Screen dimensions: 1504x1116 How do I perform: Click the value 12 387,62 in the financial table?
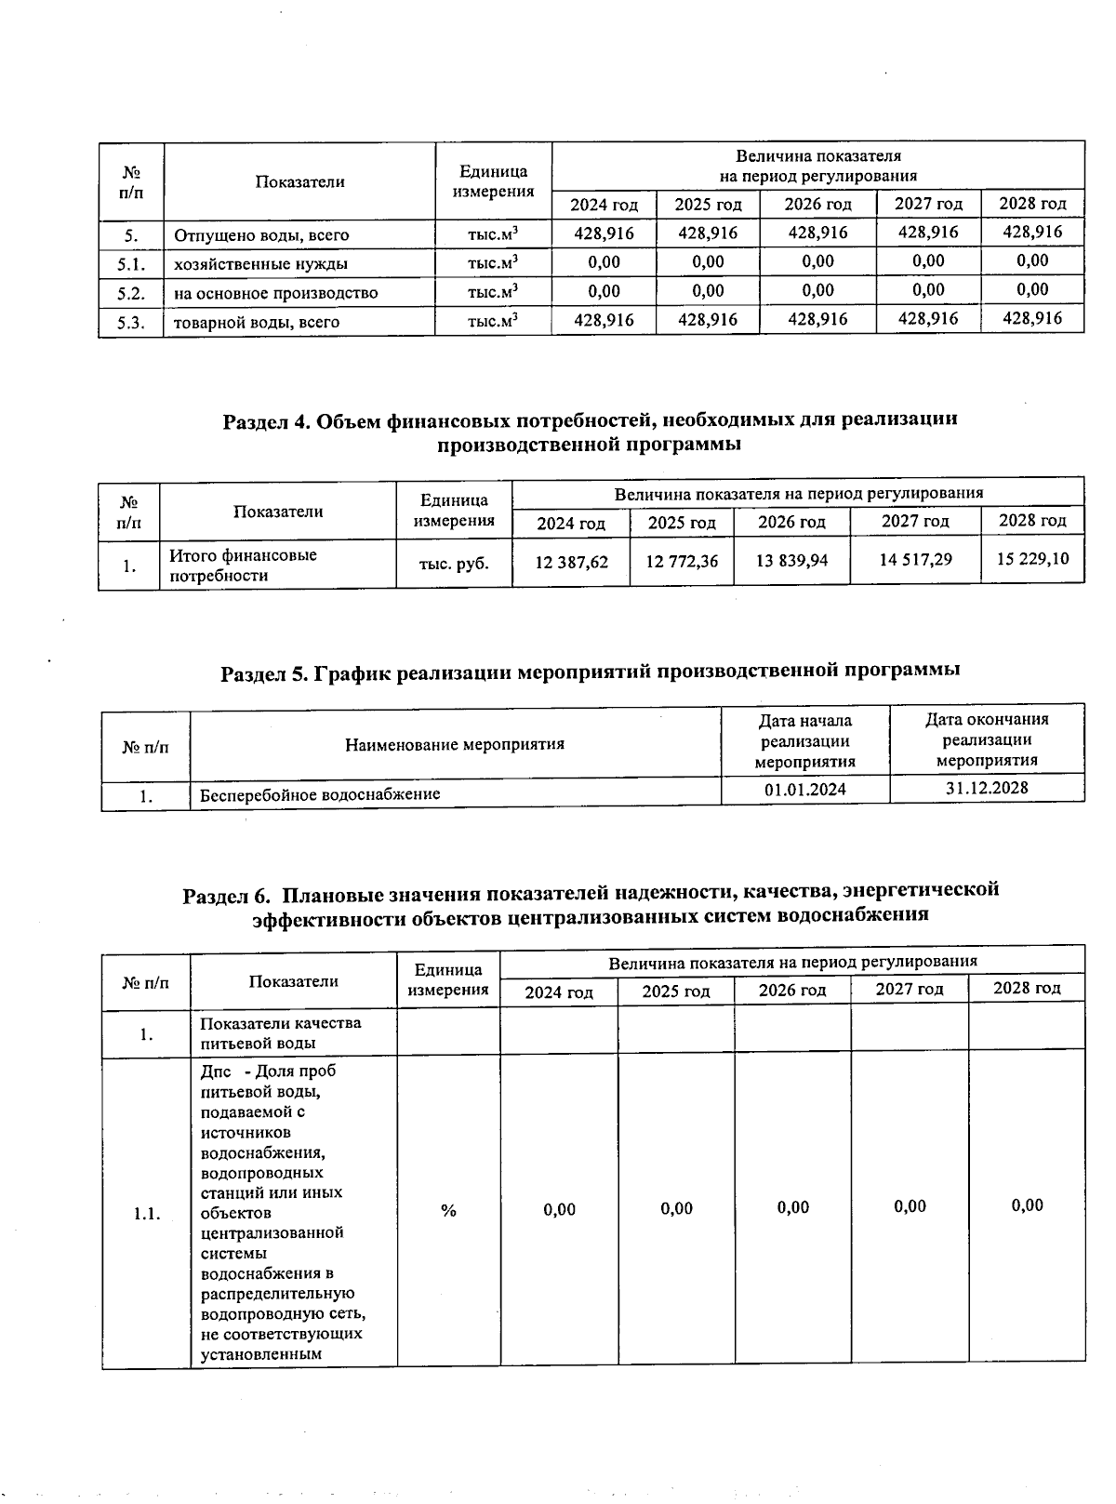pyautogui.click(x=572, y=562)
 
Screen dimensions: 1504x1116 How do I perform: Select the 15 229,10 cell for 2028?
pyautogui.click(x=1032, y=558)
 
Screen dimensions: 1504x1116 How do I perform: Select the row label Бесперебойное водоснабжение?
pyautogui.click(x=321, y=794)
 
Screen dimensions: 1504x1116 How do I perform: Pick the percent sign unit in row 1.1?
pyautogui.click(x=449, y=1210)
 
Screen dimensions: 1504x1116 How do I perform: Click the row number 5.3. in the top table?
pyautogui.click(x=131, y=322)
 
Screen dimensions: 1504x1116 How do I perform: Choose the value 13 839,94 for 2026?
pyautogui.click(x=791, y=561)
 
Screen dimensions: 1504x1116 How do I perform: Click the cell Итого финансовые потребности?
pyautogui.click(x=243, y=566)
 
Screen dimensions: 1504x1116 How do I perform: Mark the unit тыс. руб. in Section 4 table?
pyautogui.click(x=455, y=564)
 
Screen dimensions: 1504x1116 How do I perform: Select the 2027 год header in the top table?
pyautogui.click(x=928, y=204)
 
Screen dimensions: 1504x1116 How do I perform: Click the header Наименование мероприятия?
pyautogui.click(x=455, y=744)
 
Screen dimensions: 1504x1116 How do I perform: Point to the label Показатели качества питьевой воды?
pyautogui.click(x=281, y=1032)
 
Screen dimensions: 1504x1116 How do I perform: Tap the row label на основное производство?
pyautogui.click(x=276, y=293)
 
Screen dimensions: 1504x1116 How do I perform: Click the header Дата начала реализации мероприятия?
pyautogui.click(x=805, y=740)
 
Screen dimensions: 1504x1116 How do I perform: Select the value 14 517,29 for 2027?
pyautogui.click(x=915, y=559)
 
